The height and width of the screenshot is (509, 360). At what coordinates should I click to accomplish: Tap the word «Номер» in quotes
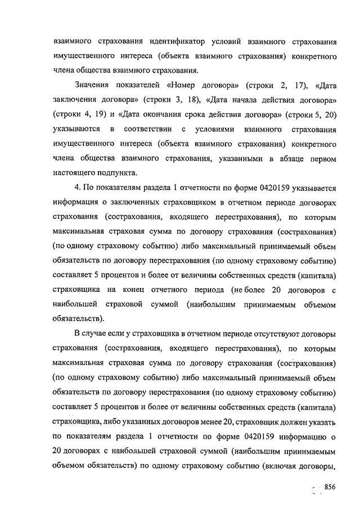coord(183,85)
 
